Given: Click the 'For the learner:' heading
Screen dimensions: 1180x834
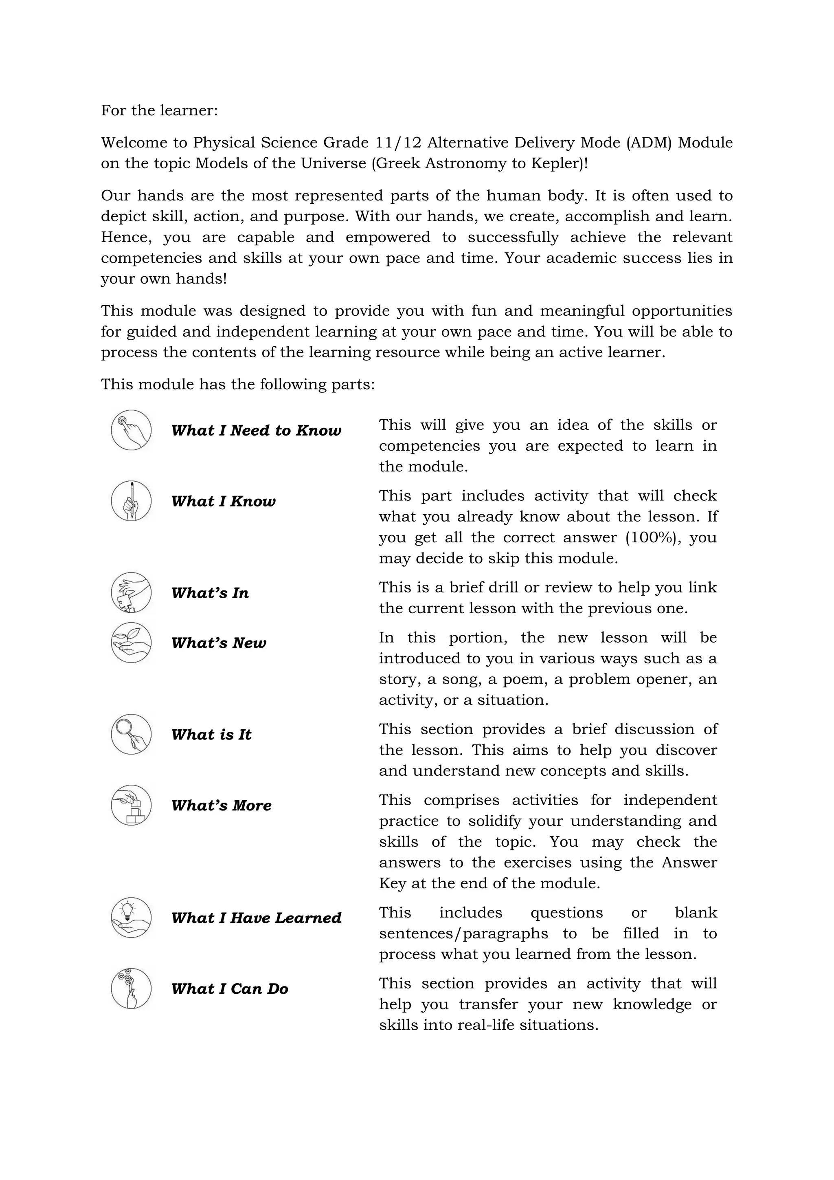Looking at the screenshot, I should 159,110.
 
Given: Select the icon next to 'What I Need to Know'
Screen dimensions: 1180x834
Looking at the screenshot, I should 131,430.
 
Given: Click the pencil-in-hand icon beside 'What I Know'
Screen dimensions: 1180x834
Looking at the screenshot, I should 131,501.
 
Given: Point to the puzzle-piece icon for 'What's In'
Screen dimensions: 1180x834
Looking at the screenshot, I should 131,592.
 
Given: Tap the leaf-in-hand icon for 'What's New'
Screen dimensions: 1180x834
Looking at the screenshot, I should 131,643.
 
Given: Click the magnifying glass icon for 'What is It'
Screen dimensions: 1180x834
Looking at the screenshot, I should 131,734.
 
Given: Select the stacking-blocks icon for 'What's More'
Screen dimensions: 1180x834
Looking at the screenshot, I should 131,805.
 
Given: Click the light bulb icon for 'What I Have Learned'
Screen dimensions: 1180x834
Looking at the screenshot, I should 131,918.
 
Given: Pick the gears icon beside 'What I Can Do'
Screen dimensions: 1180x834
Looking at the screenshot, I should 131,989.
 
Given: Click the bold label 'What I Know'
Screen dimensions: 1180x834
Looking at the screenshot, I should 224,502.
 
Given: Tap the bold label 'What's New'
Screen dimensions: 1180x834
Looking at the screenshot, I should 219,643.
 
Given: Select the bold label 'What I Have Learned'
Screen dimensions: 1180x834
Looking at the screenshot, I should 256,918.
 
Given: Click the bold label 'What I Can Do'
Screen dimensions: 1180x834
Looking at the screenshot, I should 230,989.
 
